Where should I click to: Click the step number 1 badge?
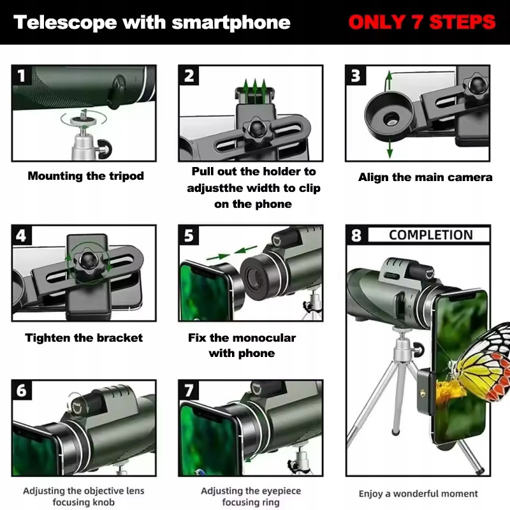coord(22,77)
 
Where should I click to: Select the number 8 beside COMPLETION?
coord(356,235)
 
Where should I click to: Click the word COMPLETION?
coord(431,235)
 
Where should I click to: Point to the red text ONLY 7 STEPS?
coord(422,23)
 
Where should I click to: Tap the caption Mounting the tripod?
coord(86,176)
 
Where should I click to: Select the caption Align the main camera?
coord(425,177)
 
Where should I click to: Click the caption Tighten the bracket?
coord(84,338)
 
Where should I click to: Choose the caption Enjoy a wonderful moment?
coord(418,493)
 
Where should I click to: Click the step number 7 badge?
coord(189,390)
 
